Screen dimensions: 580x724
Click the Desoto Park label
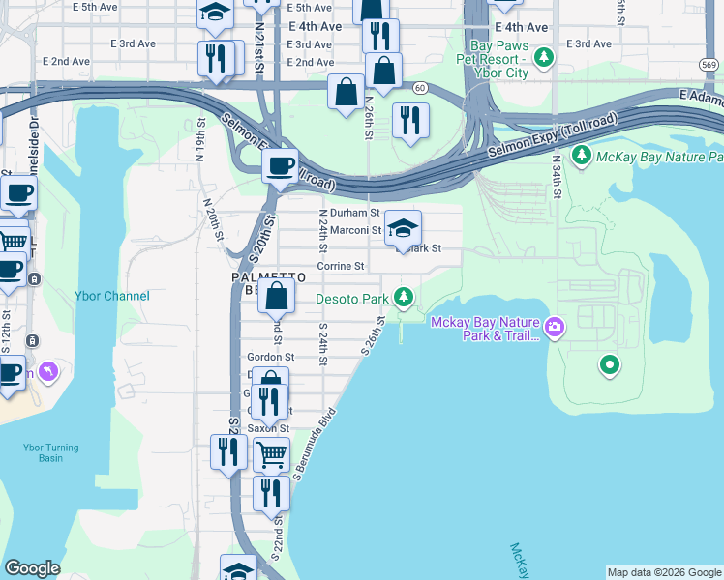(x=353, y=299)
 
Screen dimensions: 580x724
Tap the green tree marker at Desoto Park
(x=408, y=297)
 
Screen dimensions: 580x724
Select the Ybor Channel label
(x=112, y=296)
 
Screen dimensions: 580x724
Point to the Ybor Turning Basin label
(x=44, y=452)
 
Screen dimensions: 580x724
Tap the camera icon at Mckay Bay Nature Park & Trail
(x=555, y=328)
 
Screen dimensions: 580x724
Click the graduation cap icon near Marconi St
(x=404, y=229)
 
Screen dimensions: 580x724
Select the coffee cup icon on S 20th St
(x=280, y=165)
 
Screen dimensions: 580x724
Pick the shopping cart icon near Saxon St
(x=271, y=451)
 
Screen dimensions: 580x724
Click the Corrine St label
(x=340, y=266)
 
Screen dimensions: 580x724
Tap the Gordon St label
(x=270, y=357)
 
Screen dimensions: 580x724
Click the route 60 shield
(x=419, y=88)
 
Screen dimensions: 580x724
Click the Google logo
(x=32, y=568)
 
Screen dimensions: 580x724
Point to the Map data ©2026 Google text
(x=664, y=572)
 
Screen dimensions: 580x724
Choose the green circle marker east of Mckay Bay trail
(x=609, y=364)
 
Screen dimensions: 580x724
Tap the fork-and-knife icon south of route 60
(x=411, y=120)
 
